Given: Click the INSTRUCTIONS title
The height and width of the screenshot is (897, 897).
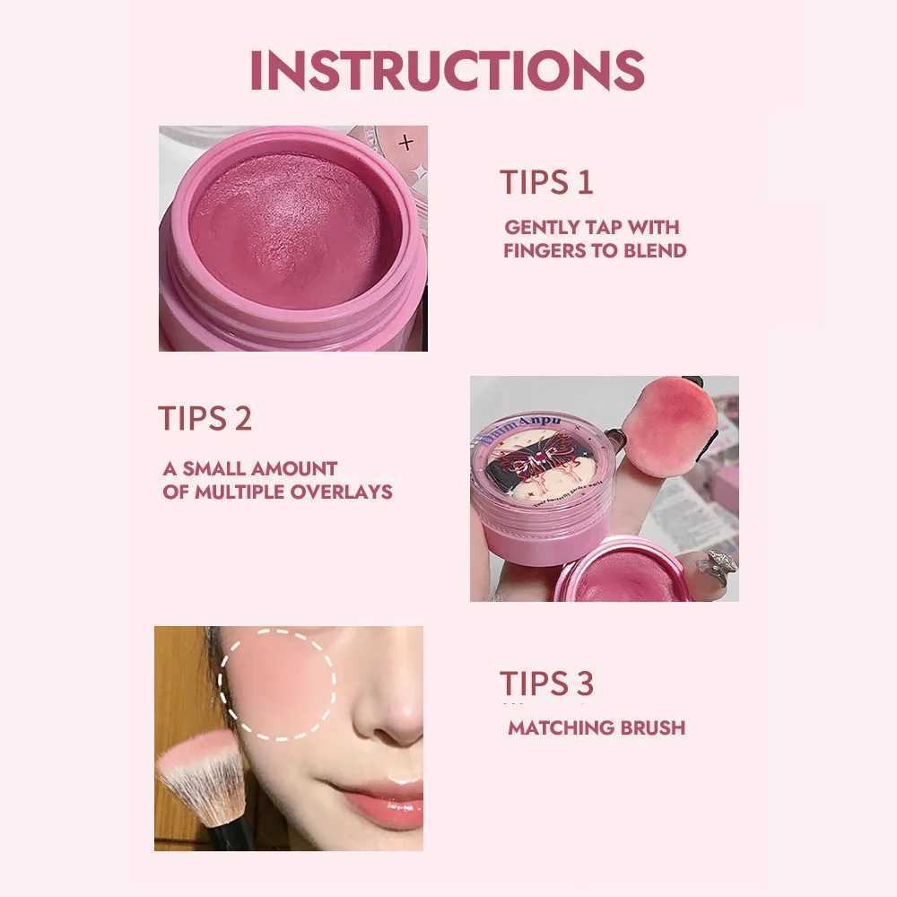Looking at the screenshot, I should click(447, 69).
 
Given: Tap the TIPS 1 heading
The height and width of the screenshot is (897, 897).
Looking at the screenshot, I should click(546, 182).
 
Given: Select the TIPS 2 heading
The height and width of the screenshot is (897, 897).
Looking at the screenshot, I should click(205, 418).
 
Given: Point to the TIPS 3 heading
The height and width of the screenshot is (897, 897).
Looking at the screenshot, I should click(546, 684).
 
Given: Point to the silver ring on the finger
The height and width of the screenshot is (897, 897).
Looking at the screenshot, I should click(718, 566).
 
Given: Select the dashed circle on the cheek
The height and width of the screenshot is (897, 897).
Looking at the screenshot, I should click(277, 684).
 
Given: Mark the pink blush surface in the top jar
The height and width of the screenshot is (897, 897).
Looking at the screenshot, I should click(292, 231).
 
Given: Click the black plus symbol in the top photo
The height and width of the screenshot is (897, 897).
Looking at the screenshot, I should click(406, 142).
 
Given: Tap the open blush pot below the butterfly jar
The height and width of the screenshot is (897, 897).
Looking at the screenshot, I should click(623, 574).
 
